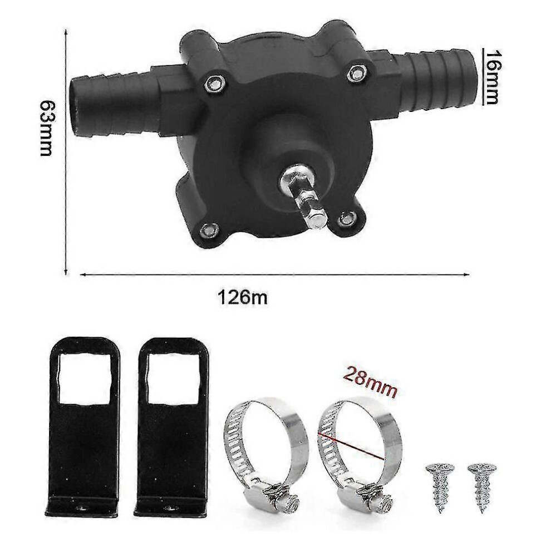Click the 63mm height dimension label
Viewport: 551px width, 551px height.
click(46, 128)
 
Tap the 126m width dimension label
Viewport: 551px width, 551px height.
click(243, 298)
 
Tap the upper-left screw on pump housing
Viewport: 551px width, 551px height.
click(213, 82)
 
